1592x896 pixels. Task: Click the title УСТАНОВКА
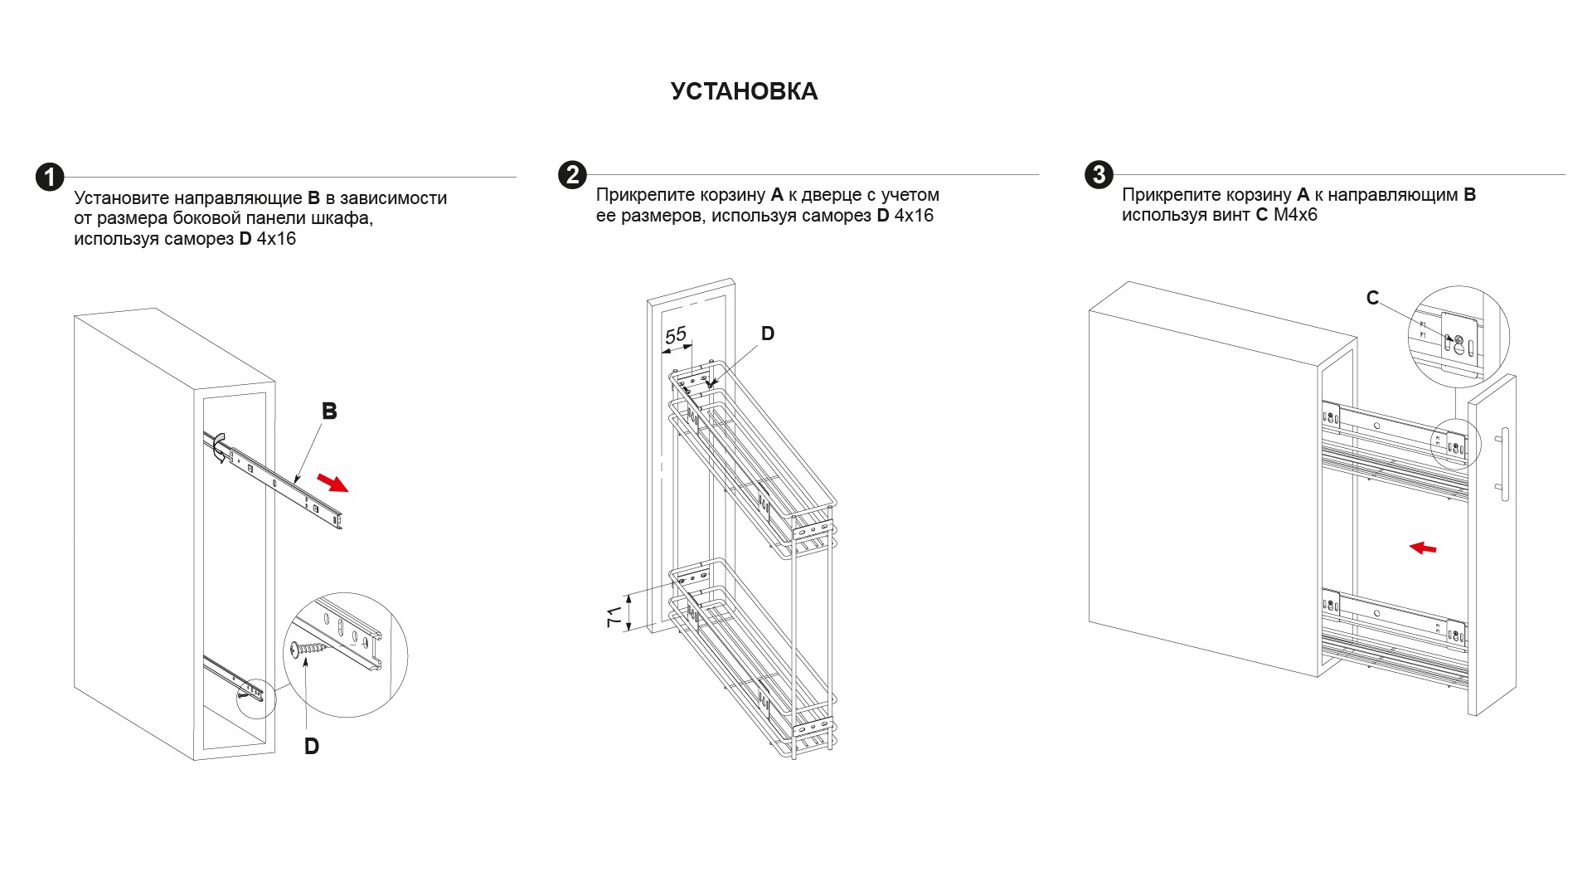click(x=744, y=91)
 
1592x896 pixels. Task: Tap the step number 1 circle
click(x=50, y=177)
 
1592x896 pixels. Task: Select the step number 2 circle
click(x=572, y=175)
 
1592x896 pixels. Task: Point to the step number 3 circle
click(x=1099, y=174)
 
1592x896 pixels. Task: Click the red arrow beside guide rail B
click(x=333, y=482)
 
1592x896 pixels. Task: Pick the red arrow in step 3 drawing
click(x=1423, y=548)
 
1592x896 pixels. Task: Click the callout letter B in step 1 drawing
click(x=329, y=411)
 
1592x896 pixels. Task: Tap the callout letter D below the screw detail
click(x=312, y=747)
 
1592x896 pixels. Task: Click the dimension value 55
click(x=676, y=335)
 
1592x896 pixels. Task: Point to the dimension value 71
click(x=614, y=616)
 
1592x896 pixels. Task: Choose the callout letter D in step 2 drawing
click(x=768, y=334)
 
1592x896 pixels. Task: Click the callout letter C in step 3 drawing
click(x=1372, y=298)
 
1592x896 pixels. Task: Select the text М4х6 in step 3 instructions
click(x=1295, y=216)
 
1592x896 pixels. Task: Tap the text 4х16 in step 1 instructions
click(x=276, y=240)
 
